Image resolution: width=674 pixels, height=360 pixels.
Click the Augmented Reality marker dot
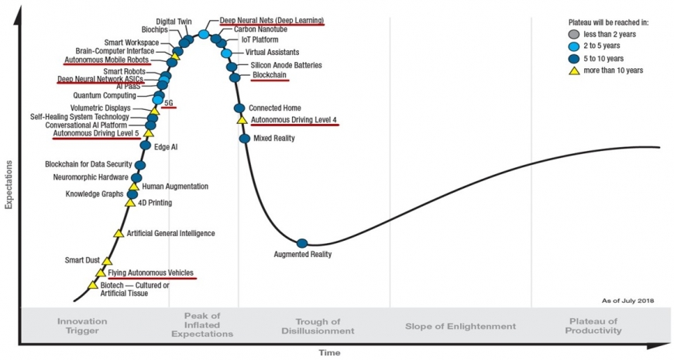coord(302,244)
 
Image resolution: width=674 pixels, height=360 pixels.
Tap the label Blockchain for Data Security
coord(89,164)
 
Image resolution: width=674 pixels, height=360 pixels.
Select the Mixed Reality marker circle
coord(245,139)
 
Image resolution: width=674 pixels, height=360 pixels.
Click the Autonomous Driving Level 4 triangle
coord(242,120)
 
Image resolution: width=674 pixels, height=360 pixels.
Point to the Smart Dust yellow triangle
coord(107,262)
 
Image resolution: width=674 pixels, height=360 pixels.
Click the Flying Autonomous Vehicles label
coord(150,273)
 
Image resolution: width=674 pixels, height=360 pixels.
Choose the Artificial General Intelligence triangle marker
coord(118,233)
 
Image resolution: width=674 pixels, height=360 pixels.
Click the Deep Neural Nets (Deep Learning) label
coord(271,20)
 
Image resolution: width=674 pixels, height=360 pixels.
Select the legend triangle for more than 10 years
coord(574,70)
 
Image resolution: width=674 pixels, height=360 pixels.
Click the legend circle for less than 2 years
coord(574,34)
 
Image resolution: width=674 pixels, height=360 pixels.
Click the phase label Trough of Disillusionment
coord(318,326)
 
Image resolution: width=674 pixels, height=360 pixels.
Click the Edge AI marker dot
coord(146,146)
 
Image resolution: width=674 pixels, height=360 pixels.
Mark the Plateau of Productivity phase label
coord(595,326)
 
